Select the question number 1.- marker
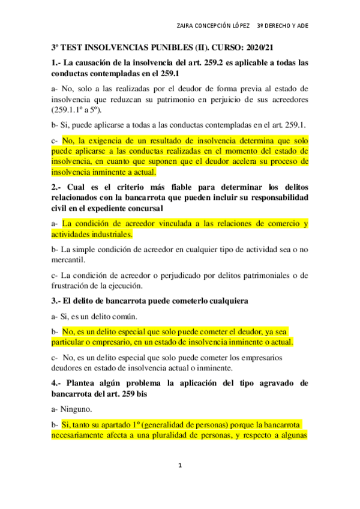tap(56, 63)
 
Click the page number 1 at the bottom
tap(179, 466)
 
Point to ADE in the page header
tap(303, 26)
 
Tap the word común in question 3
tap(124, 315)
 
